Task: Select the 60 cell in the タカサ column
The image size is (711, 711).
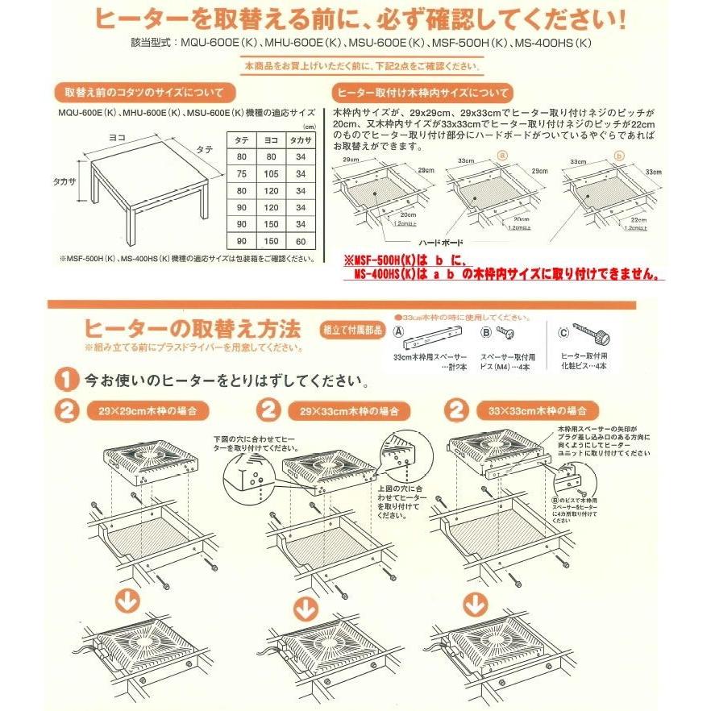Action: click(x=301, y=241)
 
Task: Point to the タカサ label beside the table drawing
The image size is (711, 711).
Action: click(x=65, y=183)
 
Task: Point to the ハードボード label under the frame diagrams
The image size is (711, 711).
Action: click(x=439, y=242)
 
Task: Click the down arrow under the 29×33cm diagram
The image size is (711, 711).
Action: click(x=306, y=606)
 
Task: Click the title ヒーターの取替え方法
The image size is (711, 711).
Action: click(x=192, y=329)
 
